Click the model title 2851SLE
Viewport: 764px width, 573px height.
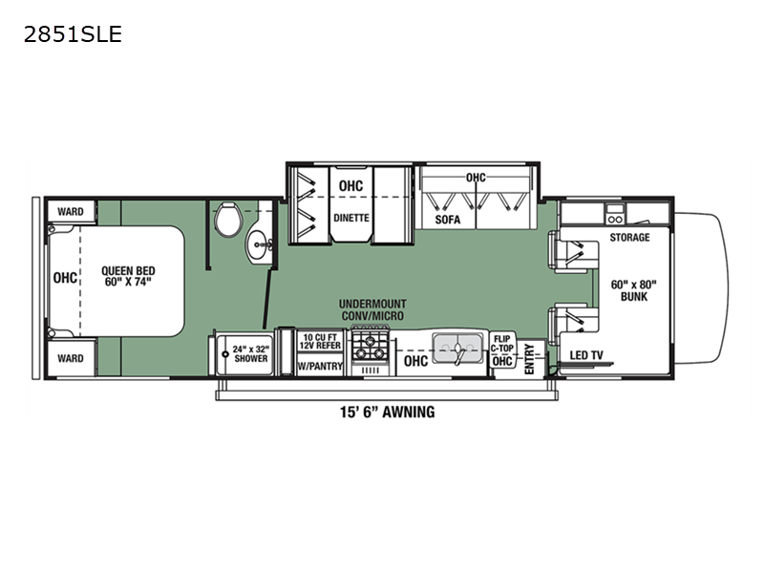(x=73, y=34)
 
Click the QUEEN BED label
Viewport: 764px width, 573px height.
(x=128, y=276)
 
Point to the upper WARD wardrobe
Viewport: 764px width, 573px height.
(x=71, y=211)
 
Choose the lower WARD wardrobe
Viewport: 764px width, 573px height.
(x=71, y=358)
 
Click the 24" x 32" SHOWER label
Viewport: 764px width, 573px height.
(x=250, y=353)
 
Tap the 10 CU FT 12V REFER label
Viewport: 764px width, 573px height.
(x=320, y=342)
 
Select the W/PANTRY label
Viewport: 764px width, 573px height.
(x=320, y=366)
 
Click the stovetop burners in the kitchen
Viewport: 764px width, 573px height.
(x=371, y=346)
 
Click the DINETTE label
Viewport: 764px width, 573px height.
(x=350, y=218)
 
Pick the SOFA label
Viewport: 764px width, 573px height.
(x=447, y=220)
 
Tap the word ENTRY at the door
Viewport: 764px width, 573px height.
(x=529, y=360)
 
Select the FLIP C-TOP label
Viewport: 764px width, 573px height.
(x=502, y=343)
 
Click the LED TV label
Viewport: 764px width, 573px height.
(x=586, y=355)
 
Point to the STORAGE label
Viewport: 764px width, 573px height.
(x=629, y=237)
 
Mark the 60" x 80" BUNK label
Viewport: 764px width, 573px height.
(x=633, y=290)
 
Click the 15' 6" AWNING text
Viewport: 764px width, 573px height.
(x=388, y=413)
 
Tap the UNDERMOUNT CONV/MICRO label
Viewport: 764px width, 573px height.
(x=372, y=309)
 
